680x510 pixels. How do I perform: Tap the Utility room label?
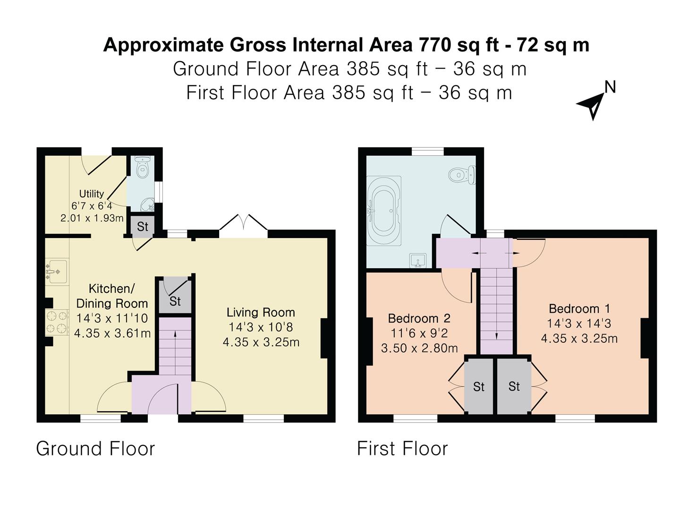(92, 194)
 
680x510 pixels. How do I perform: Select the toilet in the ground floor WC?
(142, 168)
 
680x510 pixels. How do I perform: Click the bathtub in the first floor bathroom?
(383, 211)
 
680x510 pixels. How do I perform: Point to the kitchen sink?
(57, 272)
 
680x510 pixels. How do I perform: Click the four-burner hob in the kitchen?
(57, 323)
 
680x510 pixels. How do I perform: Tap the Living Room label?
(261, 312)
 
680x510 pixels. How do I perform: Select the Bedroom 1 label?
(579, 309)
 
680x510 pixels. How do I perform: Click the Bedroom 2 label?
(419, 318)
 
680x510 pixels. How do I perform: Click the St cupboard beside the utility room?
(143, 227)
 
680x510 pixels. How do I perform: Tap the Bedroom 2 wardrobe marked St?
(479, 387)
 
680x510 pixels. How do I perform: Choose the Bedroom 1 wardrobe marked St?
(514, 386)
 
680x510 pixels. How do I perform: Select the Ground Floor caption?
(95, 449)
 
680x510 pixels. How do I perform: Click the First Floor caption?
(402, 449)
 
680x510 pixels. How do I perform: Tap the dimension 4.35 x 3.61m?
(112, 333)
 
